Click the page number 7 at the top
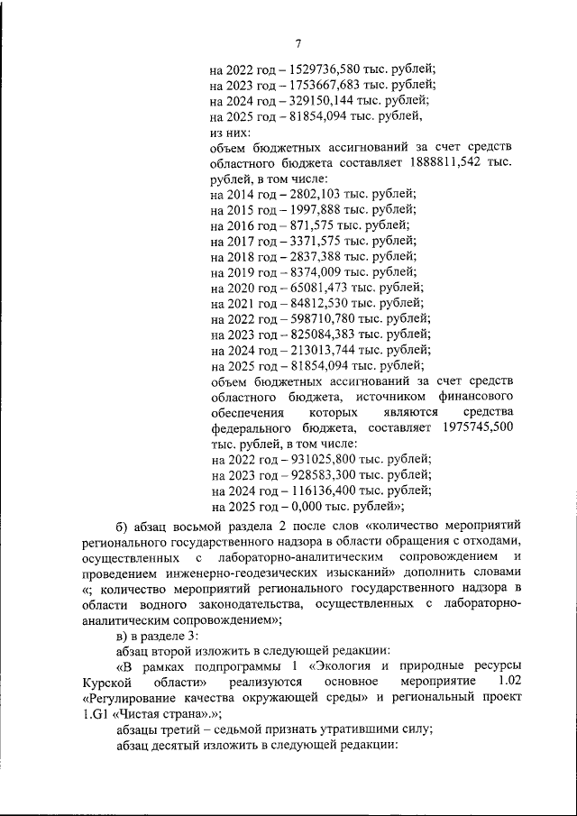pyautogui.click(x=297, y=42)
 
